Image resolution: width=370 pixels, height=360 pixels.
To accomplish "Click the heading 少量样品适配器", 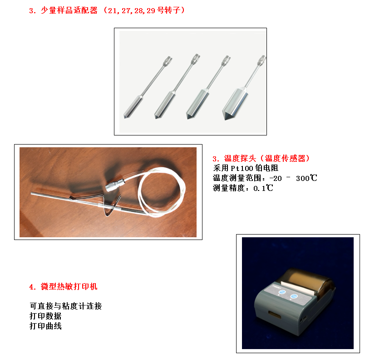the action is pyautogui.click(x=69, y=10).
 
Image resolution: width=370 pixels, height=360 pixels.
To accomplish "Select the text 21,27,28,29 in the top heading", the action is pyautogui.click(x=132, y=10).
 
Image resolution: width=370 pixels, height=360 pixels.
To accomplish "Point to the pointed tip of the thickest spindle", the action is pyautogui.click(x=226, y=119).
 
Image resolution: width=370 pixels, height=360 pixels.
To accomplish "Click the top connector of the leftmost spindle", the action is pyautogui.click(x=167, y=61).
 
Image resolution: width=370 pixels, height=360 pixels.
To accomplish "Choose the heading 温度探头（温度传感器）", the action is pyautogui.click(x=266, y=158).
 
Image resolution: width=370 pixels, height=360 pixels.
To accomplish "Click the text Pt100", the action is pyautogui.click(x=242, y=169).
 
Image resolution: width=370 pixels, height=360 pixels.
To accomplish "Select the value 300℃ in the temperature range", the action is pyautogui.click(x=306, y=178).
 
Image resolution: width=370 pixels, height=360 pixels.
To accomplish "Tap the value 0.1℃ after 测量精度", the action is pyautogui.click(x=263, y=188).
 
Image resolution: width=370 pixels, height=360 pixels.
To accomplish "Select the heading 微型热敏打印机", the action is pyautogui.click(x=69, y=286).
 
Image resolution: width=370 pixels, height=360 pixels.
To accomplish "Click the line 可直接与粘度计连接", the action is pyautogui.click(x=65, y=306).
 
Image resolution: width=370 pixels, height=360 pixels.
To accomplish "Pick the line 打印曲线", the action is pyautogui.click(x=45, y=326).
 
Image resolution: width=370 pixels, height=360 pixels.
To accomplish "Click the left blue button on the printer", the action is pyautogui.click(x=282, y=292).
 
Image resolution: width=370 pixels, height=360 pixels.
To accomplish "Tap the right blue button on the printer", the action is pyautogui.click(x=294, y=296).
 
